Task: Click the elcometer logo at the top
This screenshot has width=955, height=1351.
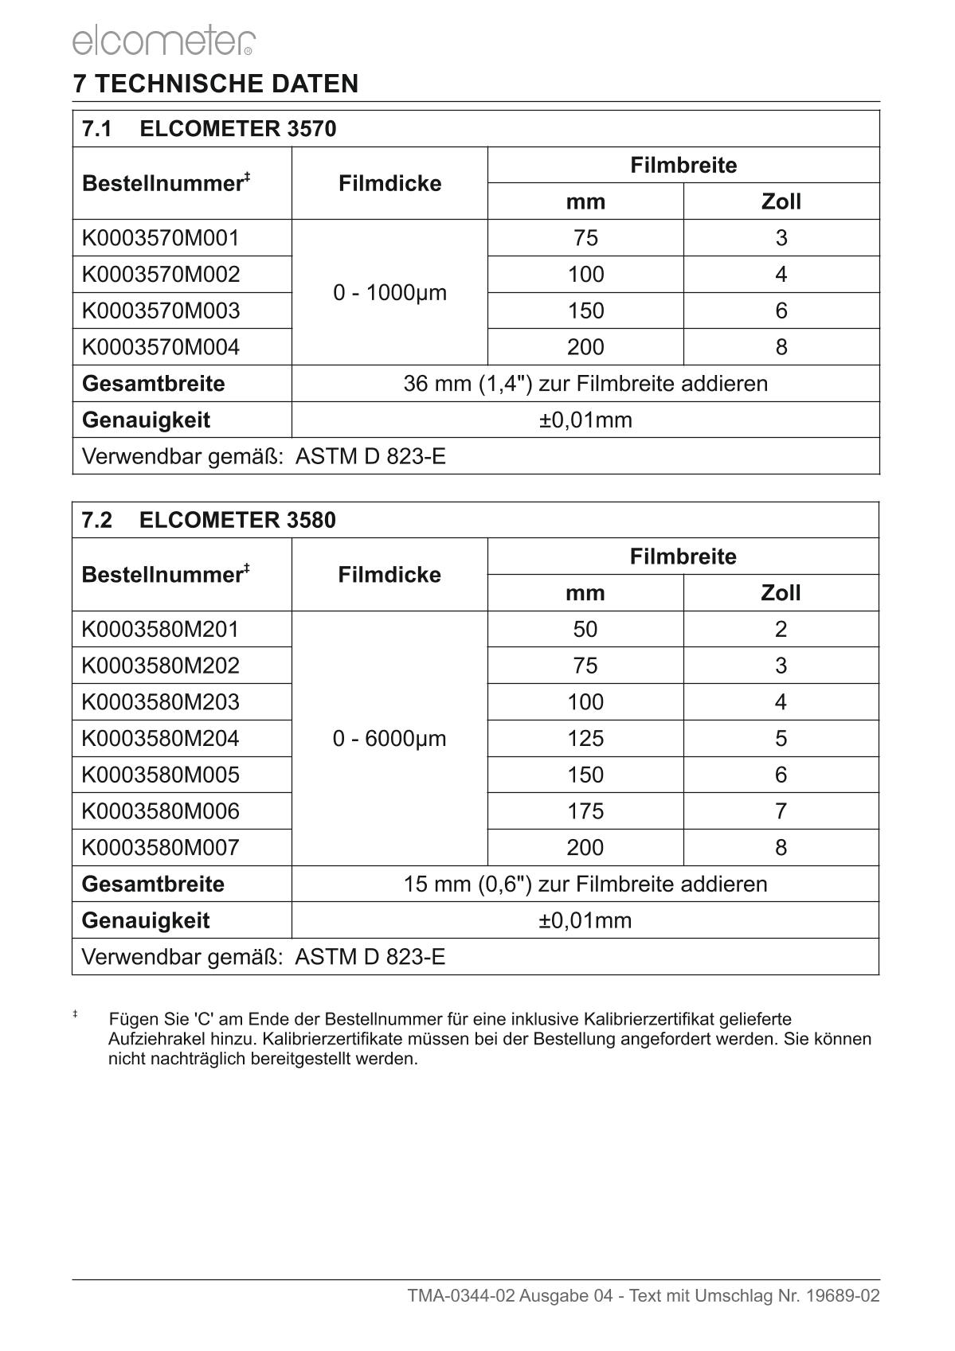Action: click(163, 41)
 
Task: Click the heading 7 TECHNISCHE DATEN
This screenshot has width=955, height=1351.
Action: click(216, 84)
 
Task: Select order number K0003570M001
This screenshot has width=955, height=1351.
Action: click(161, 238)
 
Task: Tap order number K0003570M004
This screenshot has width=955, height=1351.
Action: click(161, 347)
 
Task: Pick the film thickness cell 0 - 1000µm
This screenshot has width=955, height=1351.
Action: click(389, 293)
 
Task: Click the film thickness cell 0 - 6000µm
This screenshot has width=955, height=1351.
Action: click(389, 739)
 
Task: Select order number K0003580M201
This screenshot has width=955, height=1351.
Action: click(161, 630)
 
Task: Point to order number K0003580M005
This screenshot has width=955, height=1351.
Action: click(161, 775)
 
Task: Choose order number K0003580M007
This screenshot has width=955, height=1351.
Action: click(161, 848)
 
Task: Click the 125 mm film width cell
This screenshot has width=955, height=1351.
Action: click(585, 739)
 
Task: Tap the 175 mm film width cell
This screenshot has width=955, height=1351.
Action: click(585, 811)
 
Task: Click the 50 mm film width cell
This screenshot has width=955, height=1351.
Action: click(585, 630)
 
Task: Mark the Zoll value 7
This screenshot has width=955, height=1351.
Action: click(781, 811)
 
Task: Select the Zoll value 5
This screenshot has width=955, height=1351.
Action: click(781, 739)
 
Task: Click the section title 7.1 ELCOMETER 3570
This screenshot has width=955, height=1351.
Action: click(209, 129)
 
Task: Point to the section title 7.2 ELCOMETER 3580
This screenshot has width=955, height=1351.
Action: click(209, 521)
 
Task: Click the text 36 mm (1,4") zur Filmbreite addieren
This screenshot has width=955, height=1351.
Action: click(585, 384)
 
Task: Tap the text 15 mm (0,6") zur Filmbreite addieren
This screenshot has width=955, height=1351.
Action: click(585, 884)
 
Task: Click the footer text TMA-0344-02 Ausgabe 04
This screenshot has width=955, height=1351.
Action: click(511, 1296)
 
